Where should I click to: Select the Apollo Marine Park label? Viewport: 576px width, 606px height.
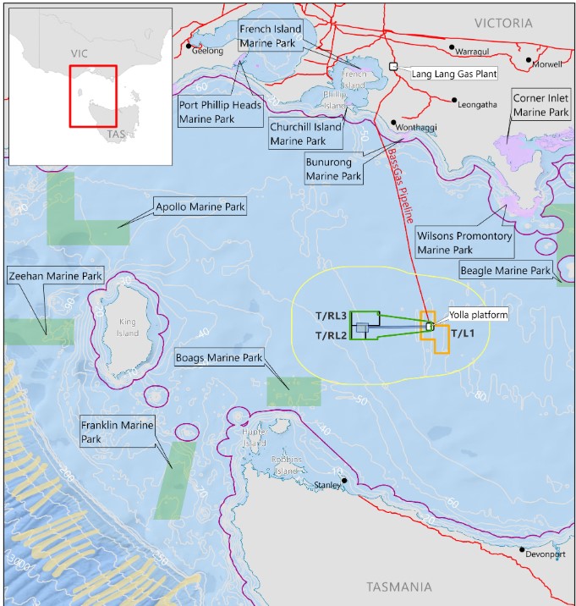200,207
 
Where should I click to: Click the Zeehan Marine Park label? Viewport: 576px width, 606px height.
55,276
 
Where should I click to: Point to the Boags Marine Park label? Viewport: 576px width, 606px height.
219,357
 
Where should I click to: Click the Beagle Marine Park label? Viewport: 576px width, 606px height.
505,270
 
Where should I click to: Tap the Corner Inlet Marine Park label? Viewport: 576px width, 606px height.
540,105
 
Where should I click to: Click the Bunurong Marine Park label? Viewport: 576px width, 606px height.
332,169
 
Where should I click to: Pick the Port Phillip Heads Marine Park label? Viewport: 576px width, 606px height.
220,112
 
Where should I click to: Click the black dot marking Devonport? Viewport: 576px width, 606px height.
522,549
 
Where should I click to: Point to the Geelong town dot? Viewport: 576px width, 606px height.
189,46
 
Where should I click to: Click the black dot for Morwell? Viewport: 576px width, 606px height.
529,61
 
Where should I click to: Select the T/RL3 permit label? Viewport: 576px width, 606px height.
332,316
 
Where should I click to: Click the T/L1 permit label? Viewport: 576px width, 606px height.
463,333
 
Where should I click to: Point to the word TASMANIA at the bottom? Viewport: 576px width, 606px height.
399,587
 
